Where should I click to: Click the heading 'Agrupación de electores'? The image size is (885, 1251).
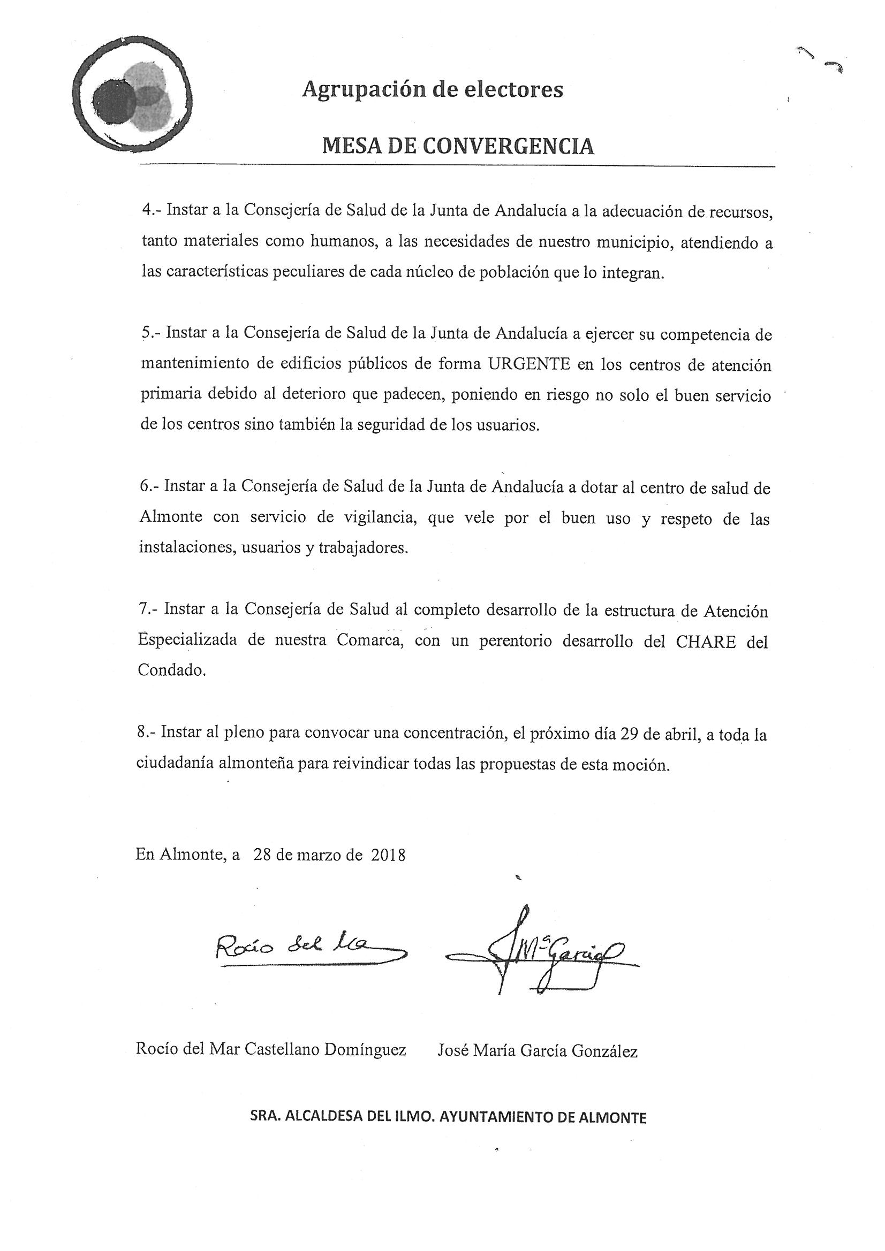point(433,89)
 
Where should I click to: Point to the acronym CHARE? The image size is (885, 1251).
point(706,642)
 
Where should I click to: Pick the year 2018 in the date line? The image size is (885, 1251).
point(388,855)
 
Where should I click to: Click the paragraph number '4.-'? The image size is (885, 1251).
point(151,210)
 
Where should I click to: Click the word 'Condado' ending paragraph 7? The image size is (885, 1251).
point(170,671)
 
